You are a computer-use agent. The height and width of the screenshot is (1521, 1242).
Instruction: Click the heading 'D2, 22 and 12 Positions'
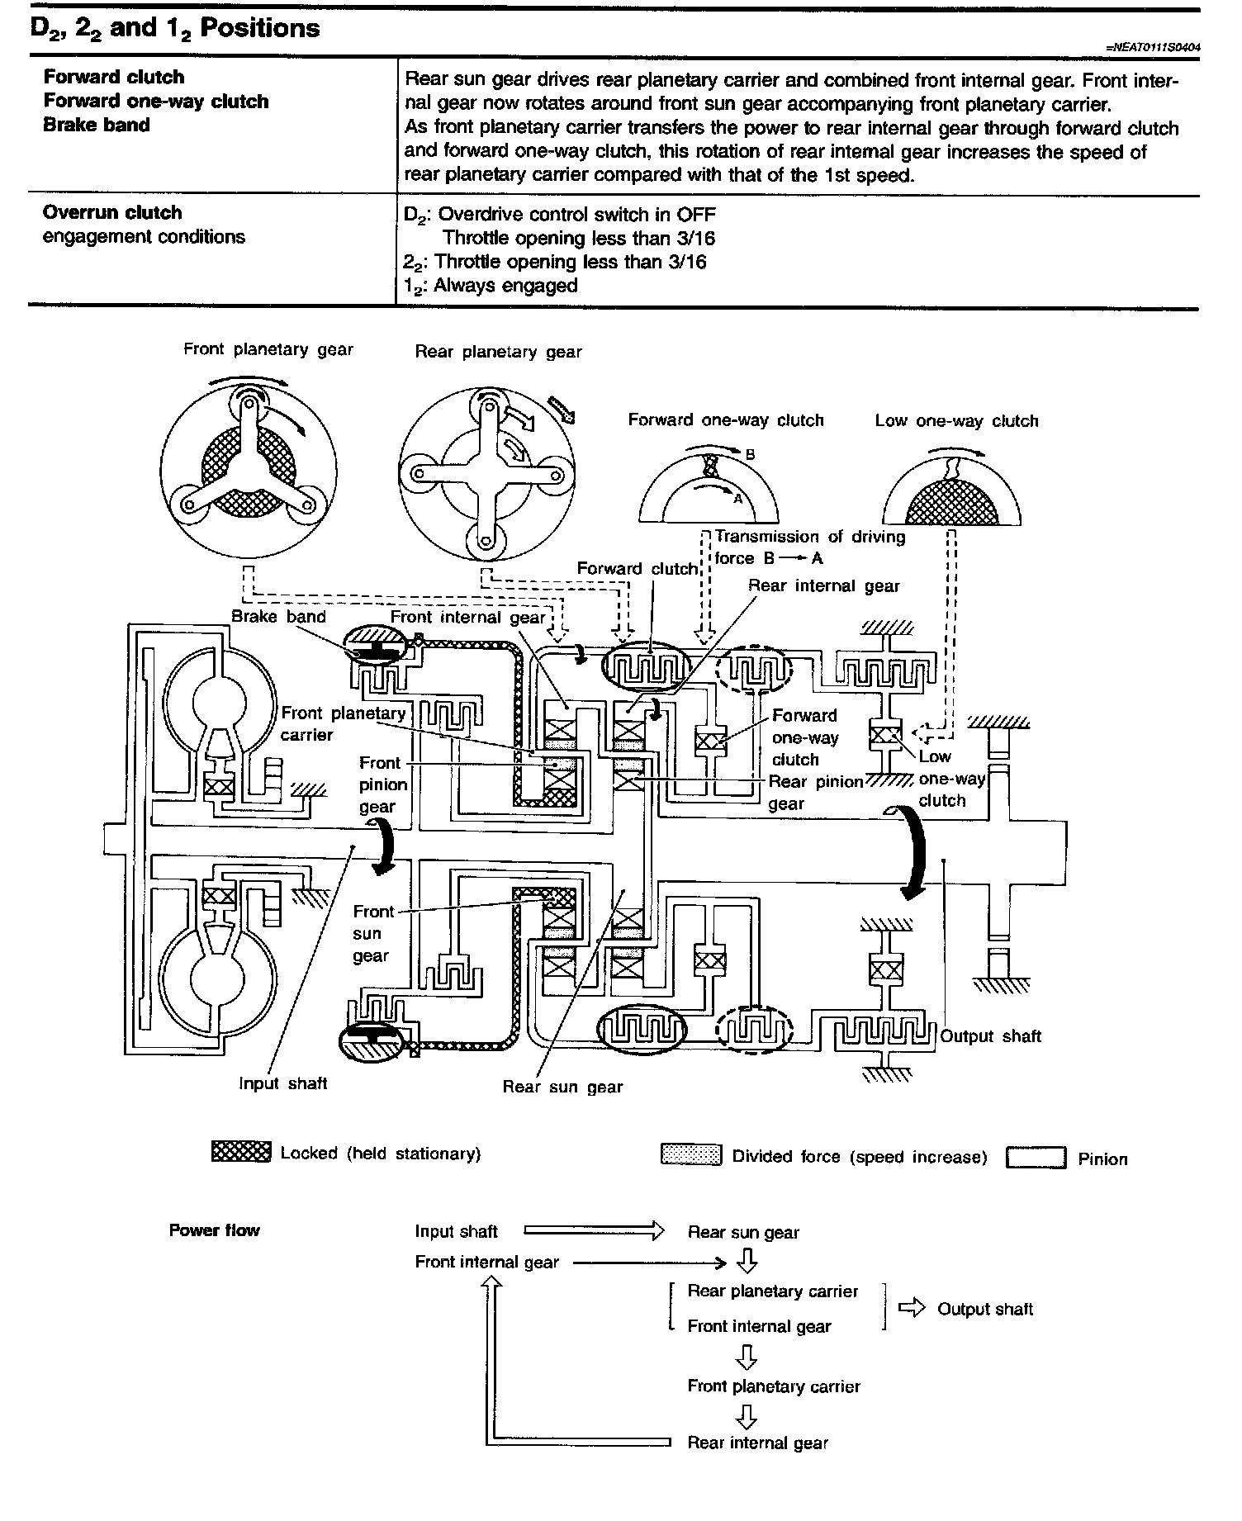[175, 29]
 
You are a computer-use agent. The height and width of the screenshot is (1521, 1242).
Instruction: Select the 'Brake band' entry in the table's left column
[97, 126]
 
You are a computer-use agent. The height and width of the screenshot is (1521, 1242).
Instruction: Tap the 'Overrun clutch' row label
[112, 213]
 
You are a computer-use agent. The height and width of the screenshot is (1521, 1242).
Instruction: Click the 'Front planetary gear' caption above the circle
[268, 349]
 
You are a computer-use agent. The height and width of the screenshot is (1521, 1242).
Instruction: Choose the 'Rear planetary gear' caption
[498, 352]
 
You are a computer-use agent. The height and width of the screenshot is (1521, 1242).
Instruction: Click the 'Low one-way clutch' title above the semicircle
[956, 421]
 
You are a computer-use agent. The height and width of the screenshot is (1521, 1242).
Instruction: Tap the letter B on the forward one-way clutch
[751, 455]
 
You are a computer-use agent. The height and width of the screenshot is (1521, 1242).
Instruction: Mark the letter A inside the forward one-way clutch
[738, 499]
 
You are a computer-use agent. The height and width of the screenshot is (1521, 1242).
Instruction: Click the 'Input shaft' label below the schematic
[283, 1083]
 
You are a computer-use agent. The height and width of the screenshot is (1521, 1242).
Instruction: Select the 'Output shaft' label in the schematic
[991, 1036]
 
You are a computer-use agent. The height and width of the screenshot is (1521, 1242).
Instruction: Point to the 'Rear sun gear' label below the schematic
[562, 1087]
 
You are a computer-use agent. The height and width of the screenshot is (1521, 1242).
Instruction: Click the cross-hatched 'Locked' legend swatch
[241, 1152]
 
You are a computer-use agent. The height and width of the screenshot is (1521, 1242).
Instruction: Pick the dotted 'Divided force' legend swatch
[691, 1154]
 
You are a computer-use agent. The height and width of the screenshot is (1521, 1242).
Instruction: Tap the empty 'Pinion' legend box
[1036, 1158]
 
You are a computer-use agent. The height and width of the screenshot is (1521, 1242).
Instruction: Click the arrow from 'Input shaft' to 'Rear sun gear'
[594, 1231]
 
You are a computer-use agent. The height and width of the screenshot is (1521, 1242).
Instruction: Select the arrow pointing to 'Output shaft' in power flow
[912, 1308]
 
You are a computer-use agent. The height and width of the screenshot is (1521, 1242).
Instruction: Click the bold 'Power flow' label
[215, 1230]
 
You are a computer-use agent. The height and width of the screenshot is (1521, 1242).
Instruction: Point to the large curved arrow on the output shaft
[913, 855]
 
